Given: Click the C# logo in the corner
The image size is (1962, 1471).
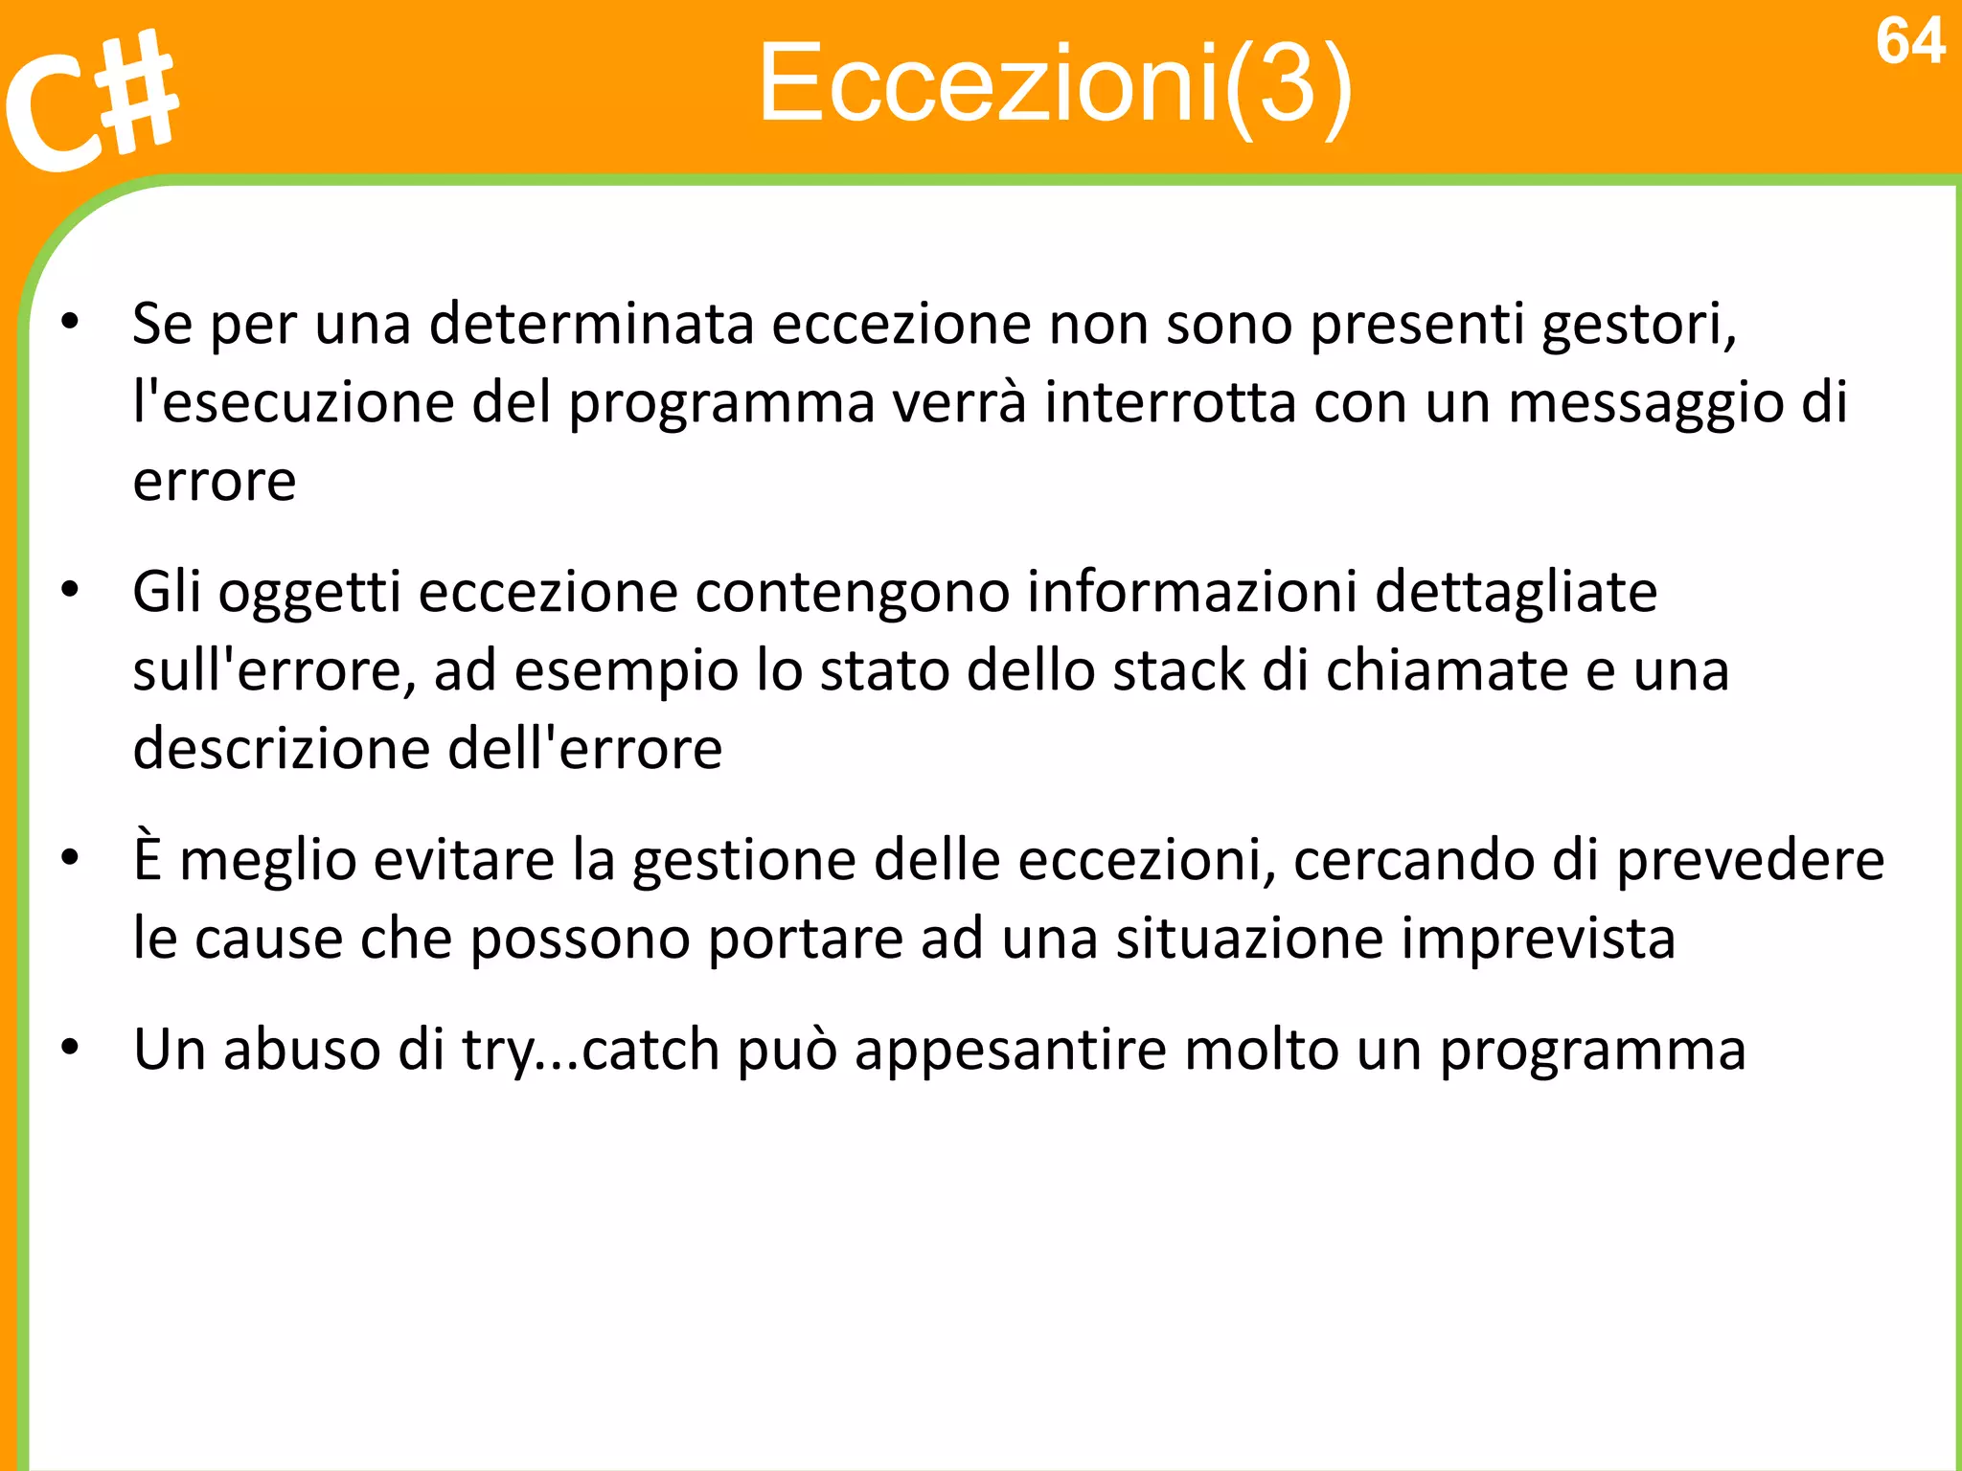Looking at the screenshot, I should (91, 101).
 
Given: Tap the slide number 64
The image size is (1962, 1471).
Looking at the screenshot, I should (1909, 42).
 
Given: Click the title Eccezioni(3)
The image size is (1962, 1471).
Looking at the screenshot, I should (1055, 84).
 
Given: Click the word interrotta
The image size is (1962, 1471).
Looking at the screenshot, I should (1171, 402).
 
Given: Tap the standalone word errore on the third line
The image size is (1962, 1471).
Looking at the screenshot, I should (215, 481).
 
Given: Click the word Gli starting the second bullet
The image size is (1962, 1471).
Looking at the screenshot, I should (167, 592).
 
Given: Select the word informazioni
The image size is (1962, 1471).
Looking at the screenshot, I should (1192, 592).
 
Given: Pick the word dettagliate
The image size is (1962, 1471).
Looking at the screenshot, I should (1517, 592).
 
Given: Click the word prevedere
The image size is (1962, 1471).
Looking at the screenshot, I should (1750, 860).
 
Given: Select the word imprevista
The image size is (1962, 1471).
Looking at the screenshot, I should (1539, 938).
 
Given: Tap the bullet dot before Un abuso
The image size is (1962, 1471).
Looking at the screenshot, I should (70, 1048).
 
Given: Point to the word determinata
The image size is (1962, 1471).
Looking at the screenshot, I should (591, 324).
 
